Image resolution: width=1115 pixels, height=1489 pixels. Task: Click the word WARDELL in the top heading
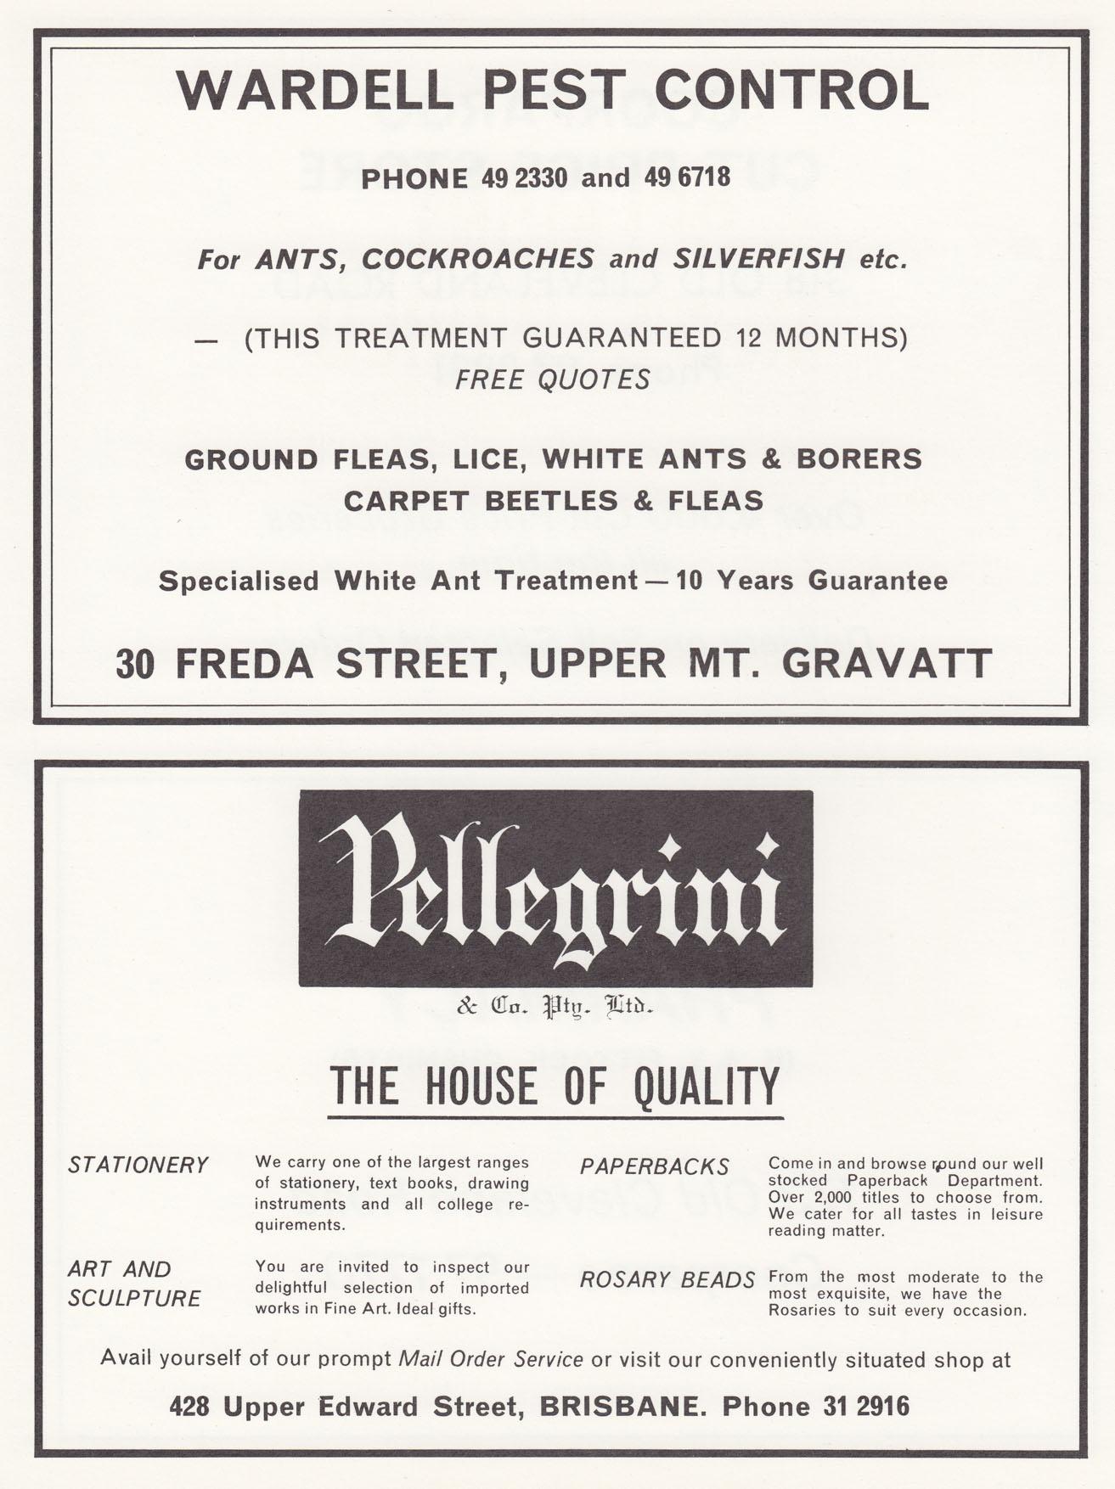315,91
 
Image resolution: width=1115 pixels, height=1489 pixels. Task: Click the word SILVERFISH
758,259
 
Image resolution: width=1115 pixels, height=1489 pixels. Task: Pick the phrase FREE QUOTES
553,379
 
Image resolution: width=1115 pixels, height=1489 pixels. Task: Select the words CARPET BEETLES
481,501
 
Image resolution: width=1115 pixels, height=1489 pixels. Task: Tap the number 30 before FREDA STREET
136,664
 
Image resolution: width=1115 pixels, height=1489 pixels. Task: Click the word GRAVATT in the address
887,664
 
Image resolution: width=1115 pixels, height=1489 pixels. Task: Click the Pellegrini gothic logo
555,889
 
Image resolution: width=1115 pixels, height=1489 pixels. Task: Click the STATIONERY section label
138,1166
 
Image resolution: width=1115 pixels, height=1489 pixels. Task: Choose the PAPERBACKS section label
655,1167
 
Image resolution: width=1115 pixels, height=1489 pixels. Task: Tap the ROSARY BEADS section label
667,1280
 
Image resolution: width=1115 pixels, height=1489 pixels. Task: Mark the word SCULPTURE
134,1299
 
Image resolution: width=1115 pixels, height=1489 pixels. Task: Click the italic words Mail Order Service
491,1359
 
